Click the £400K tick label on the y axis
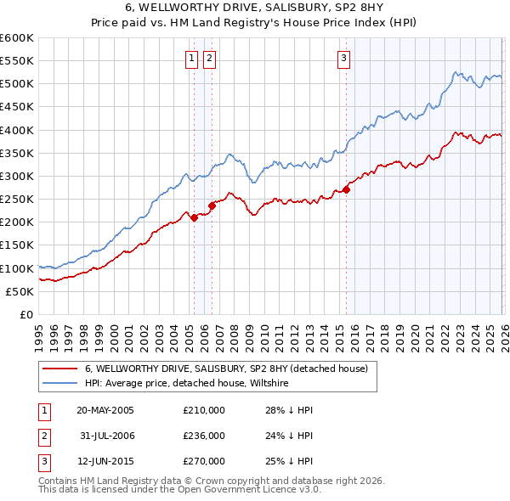[17, 130]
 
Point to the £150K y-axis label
[17, 245]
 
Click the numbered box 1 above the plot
[191, 59]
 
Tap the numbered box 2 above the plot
[208, 59]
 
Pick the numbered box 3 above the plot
[343, 59]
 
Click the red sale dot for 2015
[346, 190]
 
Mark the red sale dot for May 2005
[194, 217]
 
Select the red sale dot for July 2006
[212, 205]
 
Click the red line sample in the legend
[59, 369]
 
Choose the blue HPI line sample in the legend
[59, 384]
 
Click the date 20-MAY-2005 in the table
[105, 410]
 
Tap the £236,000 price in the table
[204, 436]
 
